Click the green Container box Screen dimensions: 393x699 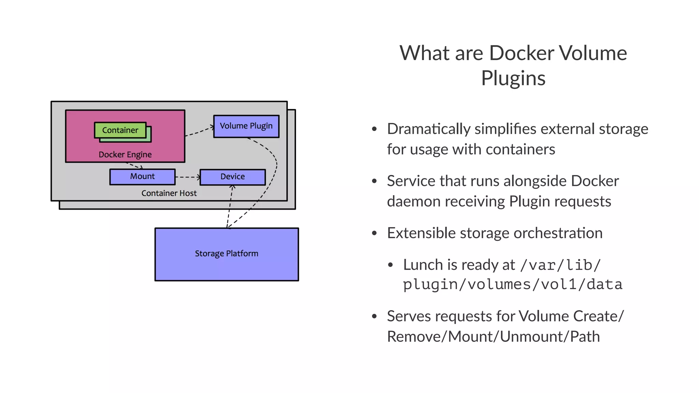120,130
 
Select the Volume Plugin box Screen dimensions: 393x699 246,126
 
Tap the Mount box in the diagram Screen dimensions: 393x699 142,177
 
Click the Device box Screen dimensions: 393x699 232,177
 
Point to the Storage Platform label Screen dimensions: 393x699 226,253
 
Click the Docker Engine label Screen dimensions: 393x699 125,155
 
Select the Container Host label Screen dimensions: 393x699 169,193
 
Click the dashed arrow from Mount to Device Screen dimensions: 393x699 187,177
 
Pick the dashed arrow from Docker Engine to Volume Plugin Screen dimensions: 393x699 199,132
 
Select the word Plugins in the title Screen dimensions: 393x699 513,78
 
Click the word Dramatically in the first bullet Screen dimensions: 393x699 429,129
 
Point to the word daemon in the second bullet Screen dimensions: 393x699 412,201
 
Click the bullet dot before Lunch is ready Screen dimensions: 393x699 390,265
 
